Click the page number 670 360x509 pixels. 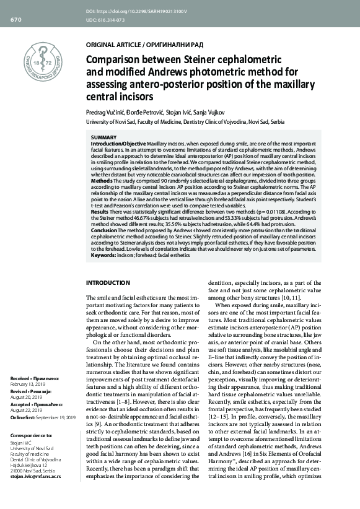15,20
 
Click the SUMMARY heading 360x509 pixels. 103,136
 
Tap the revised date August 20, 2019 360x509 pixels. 27,397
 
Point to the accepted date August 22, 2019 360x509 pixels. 27,412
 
